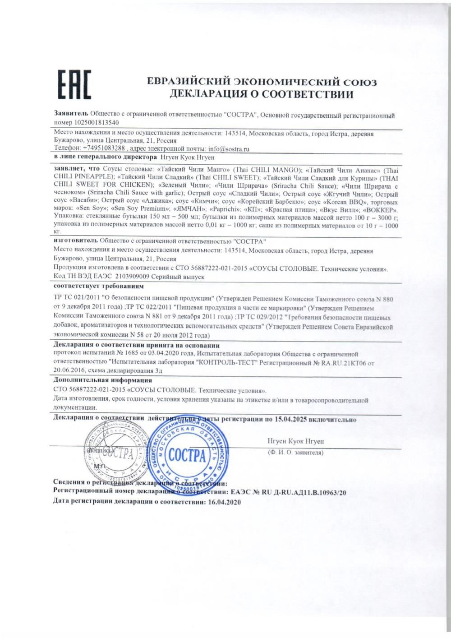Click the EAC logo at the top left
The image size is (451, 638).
(74, 84)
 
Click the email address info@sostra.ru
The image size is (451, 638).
(229, 148)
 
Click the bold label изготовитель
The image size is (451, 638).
(75, 241)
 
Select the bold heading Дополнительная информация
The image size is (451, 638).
(102, 380)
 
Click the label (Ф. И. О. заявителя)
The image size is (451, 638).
(295, 452)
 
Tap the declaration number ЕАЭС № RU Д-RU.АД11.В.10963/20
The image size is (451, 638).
(288, 492)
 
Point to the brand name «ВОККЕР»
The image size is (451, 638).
(382, 210)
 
